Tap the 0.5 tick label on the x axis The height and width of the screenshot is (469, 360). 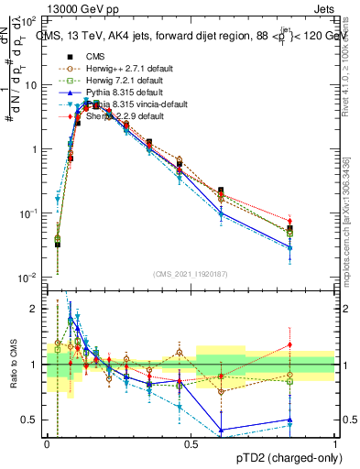coord(191,444)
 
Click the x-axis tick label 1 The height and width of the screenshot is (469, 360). coord(335,444)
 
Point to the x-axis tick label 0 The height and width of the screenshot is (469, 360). coord(47,444)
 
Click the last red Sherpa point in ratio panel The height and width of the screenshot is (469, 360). coord(315,344)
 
